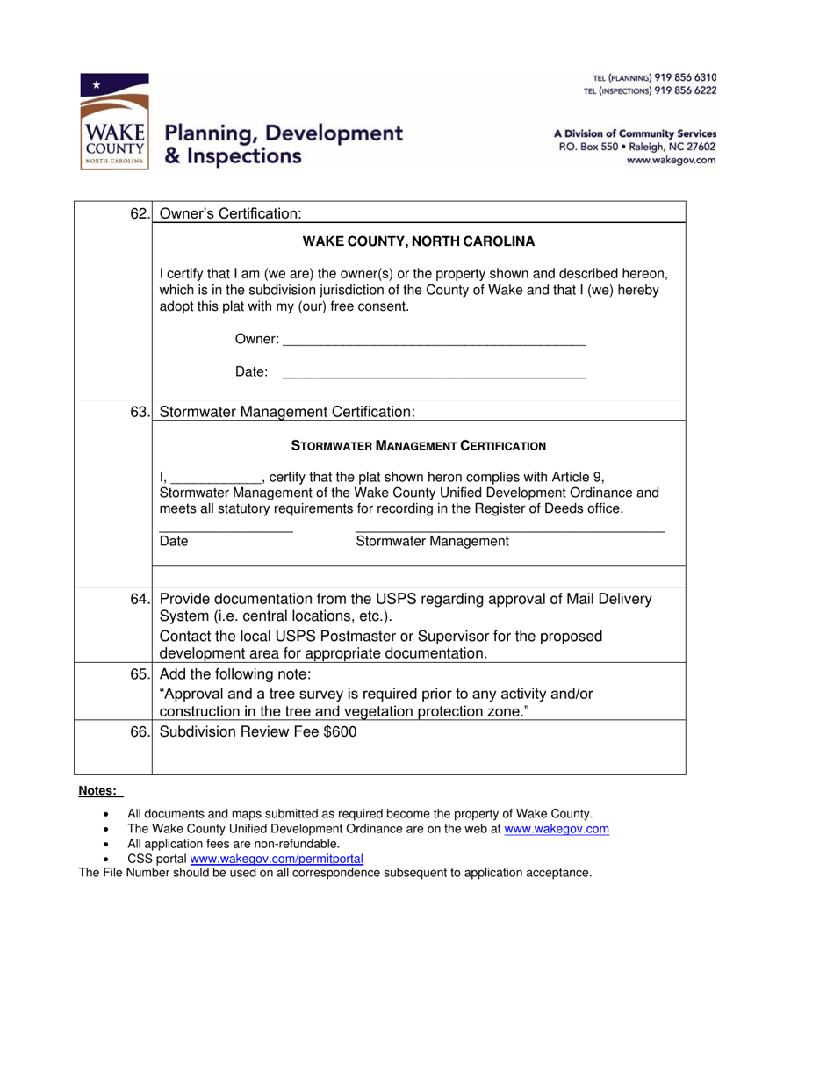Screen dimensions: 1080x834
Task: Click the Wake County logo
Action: pos(114,122)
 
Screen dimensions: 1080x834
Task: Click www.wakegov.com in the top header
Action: pos(670,161)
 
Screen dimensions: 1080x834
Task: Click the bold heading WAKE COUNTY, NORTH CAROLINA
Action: pos(418,241)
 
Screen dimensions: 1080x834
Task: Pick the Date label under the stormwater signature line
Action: pos(174,542)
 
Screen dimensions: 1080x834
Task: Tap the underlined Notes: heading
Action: pos(97,791)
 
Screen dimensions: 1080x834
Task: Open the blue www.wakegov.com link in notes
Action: pos(557,829)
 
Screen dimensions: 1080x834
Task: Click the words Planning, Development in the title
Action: pos(284,133)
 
